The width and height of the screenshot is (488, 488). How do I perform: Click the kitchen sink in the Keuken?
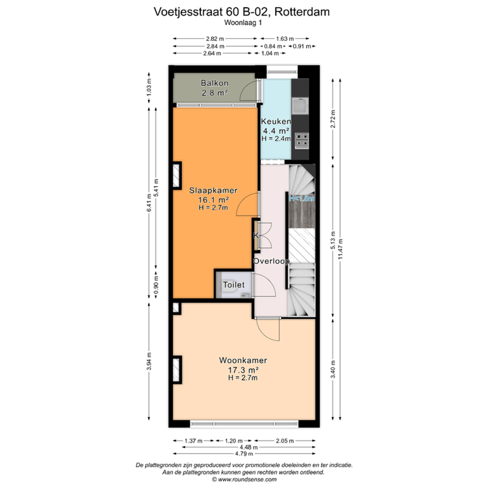(300, 106)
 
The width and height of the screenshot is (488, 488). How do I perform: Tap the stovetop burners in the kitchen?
(302, 141)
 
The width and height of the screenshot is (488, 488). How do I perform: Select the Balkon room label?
(215, 83)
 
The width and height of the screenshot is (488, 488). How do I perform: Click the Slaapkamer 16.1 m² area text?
(213, 200)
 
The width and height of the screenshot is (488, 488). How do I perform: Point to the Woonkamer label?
(243, 360)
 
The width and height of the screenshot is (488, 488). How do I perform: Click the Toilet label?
(234, 285)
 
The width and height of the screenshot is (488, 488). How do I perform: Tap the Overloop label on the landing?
(271, 261)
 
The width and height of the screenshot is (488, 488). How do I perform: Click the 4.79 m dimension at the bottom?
(244, 454)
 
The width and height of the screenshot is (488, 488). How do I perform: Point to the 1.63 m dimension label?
(285, 39)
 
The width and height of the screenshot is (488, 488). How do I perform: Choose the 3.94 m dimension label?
(149, 361)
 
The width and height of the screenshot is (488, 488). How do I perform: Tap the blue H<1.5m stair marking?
(302, 199)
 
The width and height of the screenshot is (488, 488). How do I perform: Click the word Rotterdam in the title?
(302, 12)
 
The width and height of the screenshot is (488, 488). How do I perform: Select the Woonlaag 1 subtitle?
(243, 23)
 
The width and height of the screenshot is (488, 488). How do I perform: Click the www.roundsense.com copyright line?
(244, 479)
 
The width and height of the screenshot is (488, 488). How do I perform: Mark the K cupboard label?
(256, 235)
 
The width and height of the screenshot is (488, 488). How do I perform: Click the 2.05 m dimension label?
(285, 441)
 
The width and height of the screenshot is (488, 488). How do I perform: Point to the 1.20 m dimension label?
(234, 441)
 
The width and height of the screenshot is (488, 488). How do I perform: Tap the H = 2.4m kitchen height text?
(276, 138)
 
